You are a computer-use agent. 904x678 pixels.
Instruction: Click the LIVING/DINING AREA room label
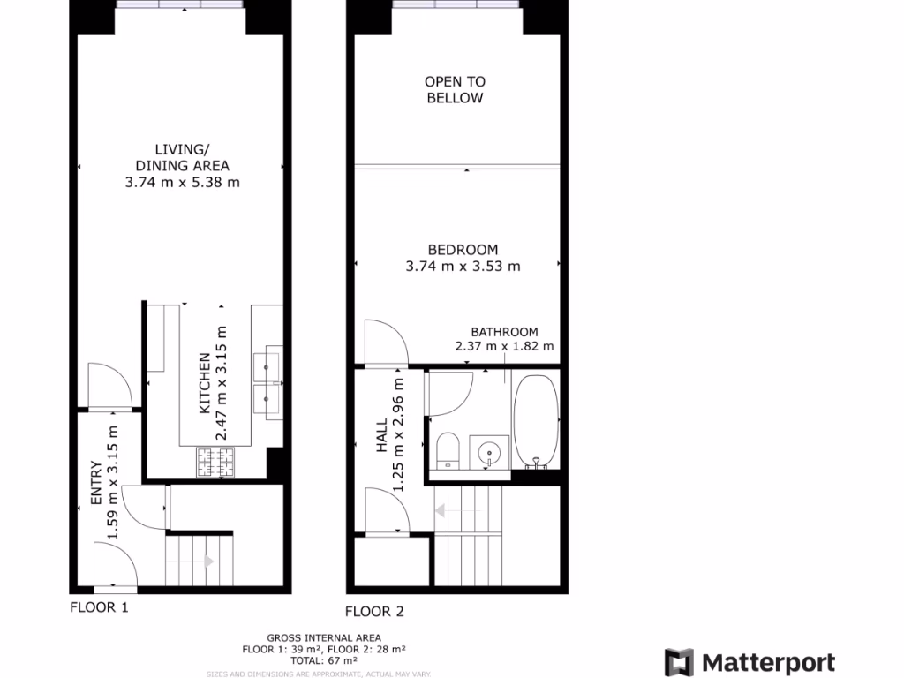182,157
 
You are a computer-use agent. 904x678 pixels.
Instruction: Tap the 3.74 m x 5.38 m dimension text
183,183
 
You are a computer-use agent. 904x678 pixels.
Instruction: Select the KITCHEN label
205,383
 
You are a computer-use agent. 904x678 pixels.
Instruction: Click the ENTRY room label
96,484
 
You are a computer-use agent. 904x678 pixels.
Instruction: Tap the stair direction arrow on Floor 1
208,561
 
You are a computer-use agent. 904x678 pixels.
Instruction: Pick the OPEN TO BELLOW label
455,90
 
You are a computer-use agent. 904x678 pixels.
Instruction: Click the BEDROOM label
463,250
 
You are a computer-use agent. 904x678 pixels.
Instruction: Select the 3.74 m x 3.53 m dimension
463,266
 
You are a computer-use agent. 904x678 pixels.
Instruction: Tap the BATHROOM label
504,332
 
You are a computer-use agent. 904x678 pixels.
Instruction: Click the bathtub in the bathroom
536,421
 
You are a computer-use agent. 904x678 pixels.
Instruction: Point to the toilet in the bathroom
447,450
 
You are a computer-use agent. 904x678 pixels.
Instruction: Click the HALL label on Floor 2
382,436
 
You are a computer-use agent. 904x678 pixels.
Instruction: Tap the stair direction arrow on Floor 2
440,510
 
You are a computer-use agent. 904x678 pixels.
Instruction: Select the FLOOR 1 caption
99,607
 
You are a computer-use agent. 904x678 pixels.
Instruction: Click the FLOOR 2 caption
374,611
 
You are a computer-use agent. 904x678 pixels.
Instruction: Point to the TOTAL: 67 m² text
323,660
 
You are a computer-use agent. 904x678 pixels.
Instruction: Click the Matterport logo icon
679,662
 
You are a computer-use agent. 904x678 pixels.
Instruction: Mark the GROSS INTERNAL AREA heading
323,637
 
